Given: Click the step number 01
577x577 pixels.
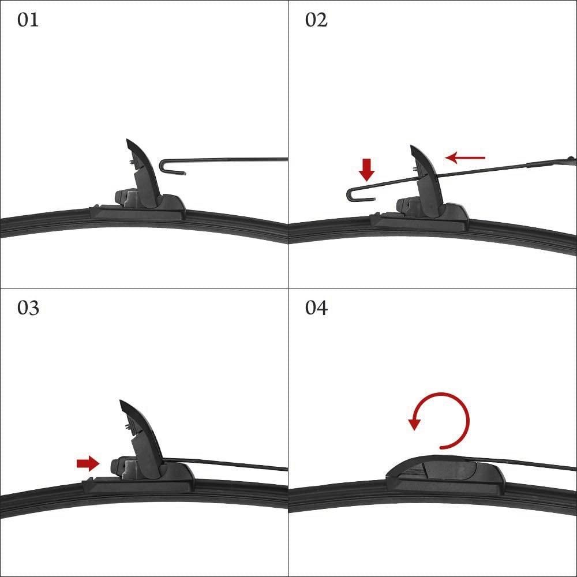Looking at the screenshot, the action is pyautogui.click(x=28, y=20).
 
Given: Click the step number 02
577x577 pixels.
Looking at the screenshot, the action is pyautogui.click(x=316, y=20).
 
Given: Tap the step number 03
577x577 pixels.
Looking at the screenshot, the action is pyautogui.click(x=28, y=308).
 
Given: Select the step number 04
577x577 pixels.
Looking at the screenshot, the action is pyautogui.click(x=316, y=308).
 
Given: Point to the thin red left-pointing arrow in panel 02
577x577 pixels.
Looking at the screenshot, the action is pyautogui.click(x=465, y=158).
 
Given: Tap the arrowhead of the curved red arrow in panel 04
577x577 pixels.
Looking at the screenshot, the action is pyautogui.click(x=414, y=424).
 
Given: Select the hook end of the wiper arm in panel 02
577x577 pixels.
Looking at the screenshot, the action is pyautogui.click(x=359, y=194).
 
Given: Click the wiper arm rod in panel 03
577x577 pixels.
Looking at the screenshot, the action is pyautogui.click(x=225, y=464).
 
